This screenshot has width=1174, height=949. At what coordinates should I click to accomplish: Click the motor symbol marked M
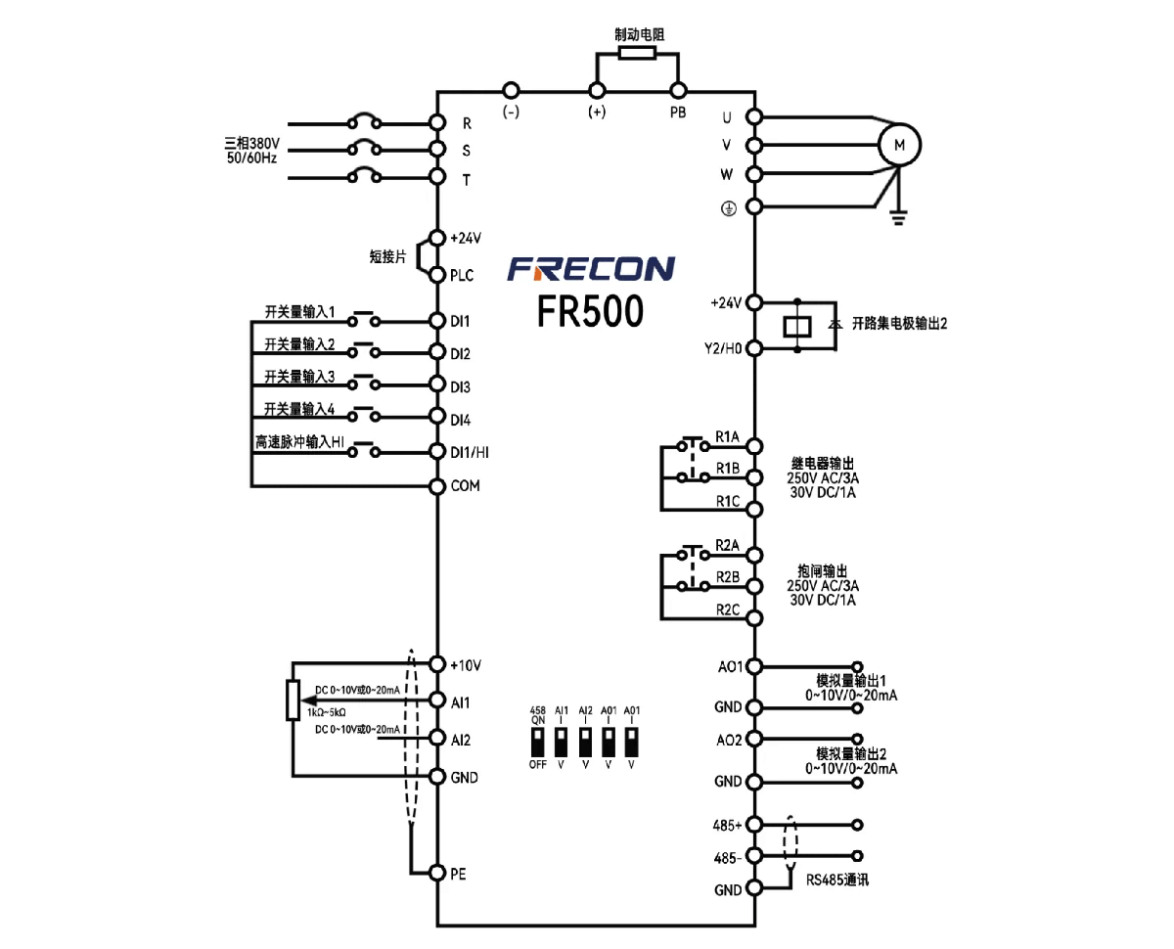898,145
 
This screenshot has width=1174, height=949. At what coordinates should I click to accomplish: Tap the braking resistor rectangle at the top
637,53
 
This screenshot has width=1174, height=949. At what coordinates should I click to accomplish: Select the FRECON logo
590,268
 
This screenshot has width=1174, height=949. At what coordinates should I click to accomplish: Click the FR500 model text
590,310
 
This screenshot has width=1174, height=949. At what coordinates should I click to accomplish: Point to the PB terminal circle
678,90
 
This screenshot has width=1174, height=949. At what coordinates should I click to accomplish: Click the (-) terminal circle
511,90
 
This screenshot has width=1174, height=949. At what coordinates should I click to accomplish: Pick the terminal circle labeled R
437,122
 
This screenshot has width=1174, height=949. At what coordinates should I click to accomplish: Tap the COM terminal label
465,485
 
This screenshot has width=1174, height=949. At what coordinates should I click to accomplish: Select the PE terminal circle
437,873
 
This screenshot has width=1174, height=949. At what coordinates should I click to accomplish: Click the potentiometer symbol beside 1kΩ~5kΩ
293,700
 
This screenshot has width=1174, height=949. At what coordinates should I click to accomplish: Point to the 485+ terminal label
727,825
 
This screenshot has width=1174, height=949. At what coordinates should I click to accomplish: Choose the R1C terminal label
728,501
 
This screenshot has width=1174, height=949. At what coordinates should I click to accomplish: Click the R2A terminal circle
754,555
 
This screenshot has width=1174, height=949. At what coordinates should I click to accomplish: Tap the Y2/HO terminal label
723,348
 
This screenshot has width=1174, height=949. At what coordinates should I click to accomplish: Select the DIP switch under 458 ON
537,743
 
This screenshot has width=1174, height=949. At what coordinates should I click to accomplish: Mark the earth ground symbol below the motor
898,218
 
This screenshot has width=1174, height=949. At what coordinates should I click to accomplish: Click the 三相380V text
251,143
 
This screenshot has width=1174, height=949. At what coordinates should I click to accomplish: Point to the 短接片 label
387,256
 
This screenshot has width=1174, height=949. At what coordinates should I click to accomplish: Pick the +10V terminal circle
437,664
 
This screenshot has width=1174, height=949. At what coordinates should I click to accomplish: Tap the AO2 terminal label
729,740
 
